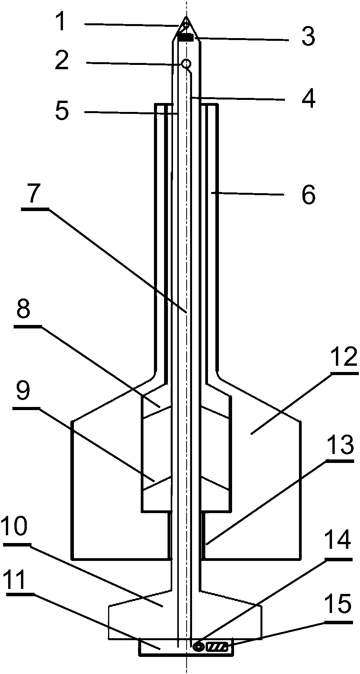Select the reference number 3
tap(308, 37)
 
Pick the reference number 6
tap(308, 195)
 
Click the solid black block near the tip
tap(186, 38)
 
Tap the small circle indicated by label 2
tap(187, 63)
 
